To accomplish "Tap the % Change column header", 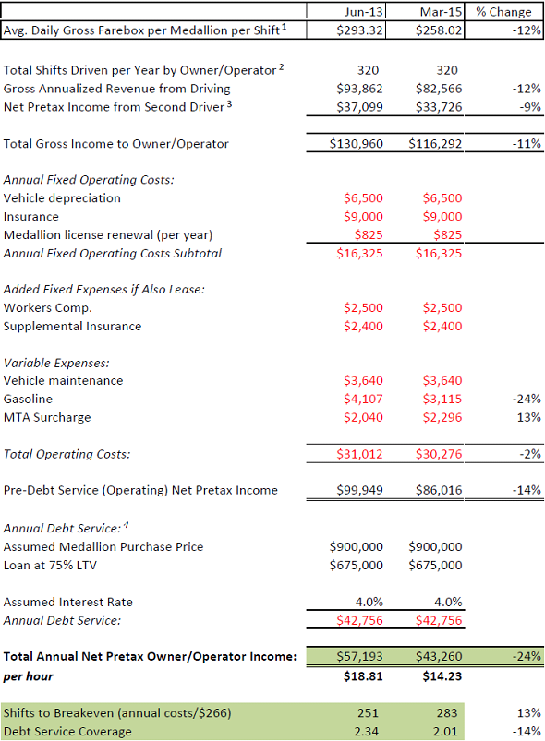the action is coord(504,11).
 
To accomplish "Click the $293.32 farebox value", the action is coord(357,30).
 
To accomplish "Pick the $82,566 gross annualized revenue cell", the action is coord(435,89).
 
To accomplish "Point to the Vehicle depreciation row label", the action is coord(62,197).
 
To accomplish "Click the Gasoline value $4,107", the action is coord(362,399).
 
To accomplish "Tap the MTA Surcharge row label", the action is coord(47,417).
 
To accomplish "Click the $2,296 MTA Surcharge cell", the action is coord(442,417).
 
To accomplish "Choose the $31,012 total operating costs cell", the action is coord(357,454).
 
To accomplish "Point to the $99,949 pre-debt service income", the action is coord(357,490).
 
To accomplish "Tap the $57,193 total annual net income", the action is coord(357,656).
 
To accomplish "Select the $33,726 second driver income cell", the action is coord(435,107).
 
